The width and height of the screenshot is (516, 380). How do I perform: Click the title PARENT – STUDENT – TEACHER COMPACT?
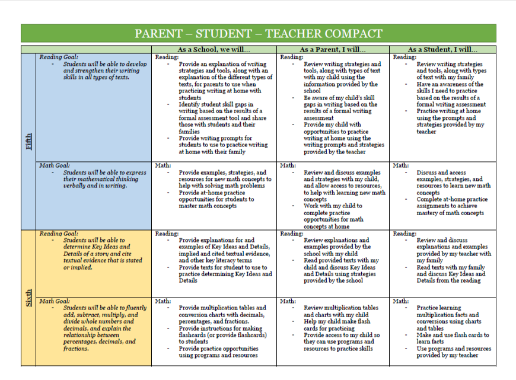point(258,33)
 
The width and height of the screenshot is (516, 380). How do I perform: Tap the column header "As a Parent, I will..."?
point(332,50)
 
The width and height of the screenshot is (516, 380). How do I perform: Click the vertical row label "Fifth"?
point(28,142)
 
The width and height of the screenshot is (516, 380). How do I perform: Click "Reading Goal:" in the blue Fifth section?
point(59,58)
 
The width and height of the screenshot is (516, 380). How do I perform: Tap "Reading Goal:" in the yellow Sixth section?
point(59,234)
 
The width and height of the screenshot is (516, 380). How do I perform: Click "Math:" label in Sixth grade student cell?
point(401,301)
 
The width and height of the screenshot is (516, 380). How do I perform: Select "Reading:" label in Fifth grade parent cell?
point(291,58)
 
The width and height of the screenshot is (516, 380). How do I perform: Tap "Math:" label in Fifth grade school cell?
point(163,165)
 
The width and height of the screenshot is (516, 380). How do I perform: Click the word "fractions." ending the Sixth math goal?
point(75,349)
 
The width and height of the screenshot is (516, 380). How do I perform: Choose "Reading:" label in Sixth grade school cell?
point(167,234)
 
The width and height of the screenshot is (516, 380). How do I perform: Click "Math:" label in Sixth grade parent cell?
point(288,301)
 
